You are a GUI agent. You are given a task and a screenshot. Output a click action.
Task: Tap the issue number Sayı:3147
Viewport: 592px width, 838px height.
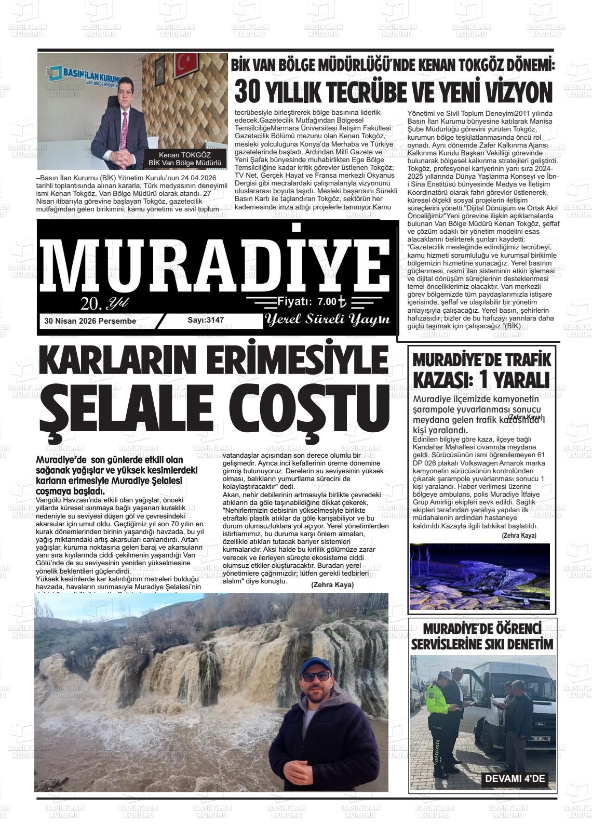(206, 320)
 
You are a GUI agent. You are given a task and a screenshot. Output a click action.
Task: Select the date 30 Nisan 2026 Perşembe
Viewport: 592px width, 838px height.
(90, 321)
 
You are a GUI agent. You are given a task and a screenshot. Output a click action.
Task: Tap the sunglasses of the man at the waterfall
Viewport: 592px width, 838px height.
(316, 676)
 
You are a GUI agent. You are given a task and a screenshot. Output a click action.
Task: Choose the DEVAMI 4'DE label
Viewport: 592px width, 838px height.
(515, 779)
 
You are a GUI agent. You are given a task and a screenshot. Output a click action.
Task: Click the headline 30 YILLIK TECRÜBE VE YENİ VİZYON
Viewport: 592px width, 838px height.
(393, 92)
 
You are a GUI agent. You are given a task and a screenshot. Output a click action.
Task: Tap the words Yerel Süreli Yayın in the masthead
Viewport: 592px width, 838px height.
(327, 320)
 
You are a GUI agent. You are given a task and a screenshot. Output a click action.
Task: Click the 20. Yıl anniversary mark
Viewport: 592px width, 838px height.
(104, 303)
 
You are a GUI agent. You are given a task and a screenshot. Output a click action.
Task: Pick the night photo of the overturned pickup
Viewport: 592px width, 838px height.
(479, 576)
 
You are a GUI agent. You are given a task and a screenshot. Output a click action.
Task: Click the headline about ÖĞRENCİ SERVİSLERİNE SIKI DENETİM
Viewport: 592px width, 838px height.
(482, 636)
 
